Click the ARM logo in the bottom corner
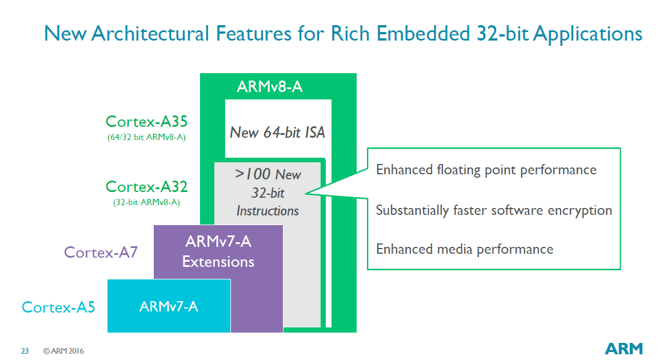tap(624, 349)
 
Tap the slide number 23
tap(25, 351)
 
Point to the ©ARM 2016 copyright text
tap(63, 351)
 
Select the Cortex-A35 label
tap(146, 122)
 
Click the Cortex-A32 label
tap(146, 187)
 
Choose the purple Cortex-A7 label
tap(101, 252)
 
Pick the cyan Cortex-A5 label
tap(58, 307)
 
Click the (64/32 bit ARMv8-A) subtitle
tap(146, 137)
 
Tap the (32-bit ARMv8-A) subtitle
tap(146, 202)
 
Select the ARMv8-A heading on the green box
tap(270, 87)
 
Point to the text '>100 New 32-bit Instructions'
tap(267, 192)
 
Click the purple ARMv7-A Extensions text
tap(218, 251)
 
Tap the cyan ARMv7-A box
tap(169, 306)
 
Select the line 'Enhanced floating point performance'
tap(486, 170)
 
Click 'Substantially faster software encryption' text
tap(494, 210)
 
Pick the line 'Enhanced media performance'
tap(465, 249)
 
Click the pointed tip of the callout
tap(306, 193)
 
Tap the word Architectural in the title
tap(150, 34)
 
